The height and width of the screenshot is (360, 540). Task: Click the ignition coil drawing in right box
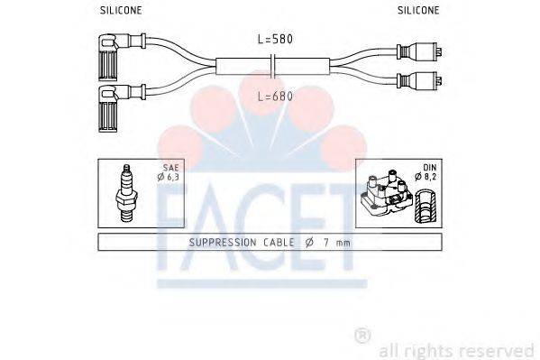389,195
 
